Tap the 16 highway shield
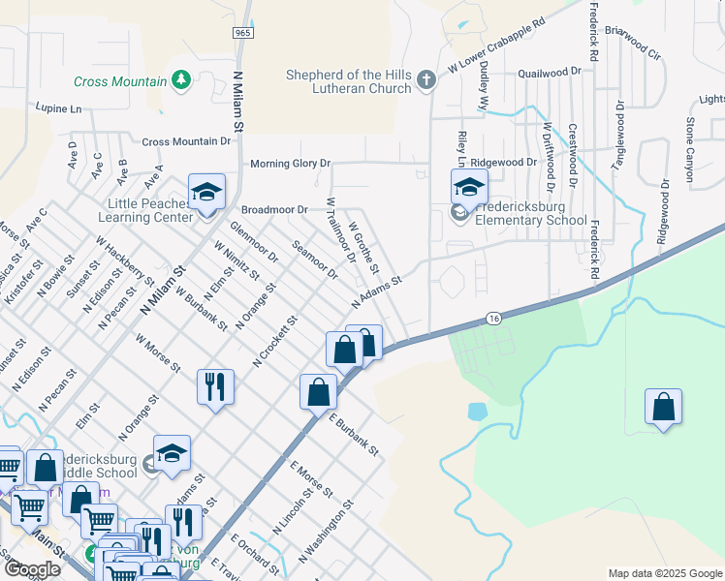(x=493, y=319)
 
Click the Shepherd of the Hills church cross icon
(x=426, y=79)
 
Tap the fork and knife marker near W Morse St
(x=215, y=385)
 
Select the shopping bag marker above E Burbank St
(x=318, y=391)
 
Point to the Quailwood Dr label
(x=550, y=72)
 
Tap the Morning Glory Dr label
(x=291, y=164)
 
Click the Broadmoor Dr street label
(x=274, y=209)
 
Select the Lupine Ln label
(x=59, y=108)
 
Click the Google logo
(x=33, y=569)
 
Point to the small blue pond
(x=477, y=412)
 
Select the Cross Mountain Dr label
(x=187, y=141)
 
